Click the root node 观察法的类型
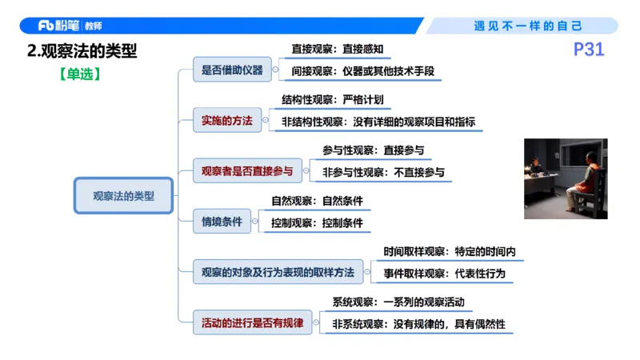(x=124, y=195)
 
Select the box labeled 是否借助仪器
(x=232, y=70)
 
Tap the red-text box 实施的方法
(x=226, y=121)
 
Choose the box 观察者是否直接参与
(x=247, y=171)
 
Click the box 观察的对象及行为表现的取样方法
(x=278, y=272)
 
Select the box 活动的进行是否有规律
(x=252, y=323)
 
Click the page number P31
(x=590, y=50)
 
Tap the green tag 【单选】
(x=79, y=74)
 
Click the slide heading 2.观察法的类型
(x=82, y=51)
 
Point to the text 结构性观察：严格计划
(x=332, y=101)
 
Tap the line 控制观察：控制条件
(x=317, y=222)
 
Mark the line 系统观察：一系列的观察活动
(x=398, y=303)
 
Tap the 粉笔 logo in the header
(x=58, y=26)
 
